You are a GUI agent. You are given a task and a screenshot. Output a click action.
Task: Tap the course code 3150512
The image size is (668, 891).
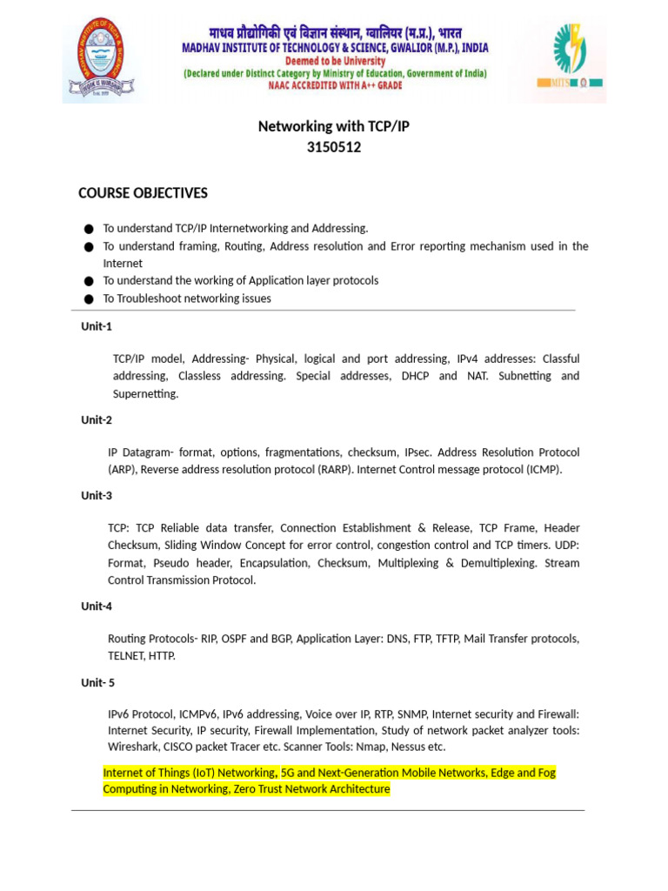pos(334,148)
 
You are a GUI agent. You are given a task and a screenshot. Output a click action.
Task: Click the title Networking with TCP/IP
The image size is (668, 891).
pos(334,127)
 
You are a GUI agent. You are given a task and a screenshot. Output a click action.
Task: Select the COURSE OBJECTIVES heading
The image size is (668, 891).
pos(143,193)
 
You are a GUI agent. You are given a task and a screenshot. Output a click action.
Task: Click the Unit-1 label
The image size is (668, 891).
pos(97,326)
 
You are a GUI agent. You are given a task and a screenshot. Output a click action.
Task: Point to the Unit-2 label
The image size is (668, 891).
pos(97,420)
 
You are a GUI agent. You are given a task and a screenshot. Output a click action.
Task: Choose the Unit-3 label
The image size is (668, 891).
pos(97,496)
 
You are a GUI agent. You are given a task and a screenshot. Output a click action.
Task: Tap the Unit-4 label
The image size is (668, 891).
pos(97,606)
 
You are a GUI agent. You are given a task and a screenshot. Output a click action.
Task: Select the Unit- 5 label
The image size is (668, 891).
pos(98,683)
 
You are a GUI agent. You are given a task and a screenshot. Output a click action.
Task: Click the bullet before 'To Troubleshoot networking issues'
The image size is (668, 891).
pos(89,299)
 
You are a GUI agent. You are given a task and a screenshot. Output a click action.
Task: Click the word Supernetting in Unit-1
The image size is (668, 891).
pos(145,394)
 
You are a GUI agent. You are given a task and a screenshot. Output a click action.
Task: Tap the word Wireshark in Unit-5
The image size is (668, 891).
pos(133,747)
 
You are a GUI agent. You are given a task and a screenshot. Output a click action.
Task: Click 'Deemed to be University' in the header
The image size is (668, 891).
pos(335,61)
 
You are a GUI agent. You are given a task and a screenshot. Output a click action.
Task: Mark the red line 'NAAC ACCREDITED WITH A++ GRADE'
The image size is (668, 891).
pos(335,87)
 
